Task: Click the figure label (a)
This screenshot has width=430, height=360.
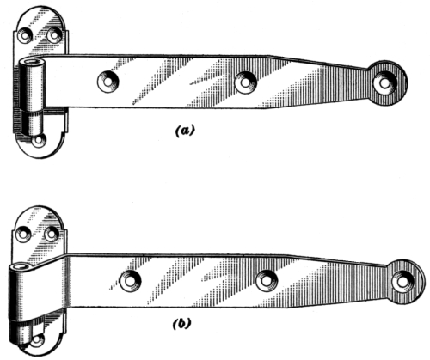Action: click(185, 131)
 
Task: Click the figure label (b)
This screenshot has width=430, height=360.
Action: click(182, 324)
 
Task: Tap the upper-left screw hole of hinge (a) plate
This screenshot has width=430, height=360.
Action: click(25, 35)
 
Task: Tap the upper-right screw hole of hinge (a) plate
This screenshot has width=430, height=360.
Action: click(54, 35)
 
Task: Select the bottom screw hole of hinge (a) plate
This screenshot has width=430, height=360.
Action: click(38, 141)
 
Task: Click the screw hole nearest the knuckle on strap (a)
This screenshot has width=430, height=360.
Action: click(108, 82)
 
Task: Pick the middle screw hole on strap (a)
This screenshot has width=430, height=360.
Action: click(245, 82)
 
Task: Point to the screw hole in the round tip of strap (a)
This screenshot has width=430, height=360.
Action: click(385, 83)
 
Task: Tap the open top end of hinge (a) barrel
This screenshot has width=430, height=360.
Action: click(33, 61)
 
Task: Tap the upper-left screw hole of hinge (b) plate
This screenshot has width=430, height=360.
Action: click(23, 234)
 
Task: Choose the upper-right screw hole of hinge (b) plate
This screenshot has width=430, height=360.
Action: click(52, 234)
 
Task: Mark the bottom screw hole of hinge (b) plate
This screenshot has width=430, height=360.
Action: click(37, 340)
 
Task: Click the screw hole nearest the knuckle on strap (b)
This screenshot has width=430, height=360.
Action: click(131, 281)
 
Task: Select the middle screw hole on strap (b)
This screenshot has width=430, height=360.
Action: click(267, 281)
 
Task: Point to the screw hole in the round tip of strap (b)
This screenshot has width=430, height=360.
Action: click(403, 282)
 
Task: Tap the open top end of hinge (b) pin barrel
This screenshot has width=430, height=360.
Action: click(21, 267)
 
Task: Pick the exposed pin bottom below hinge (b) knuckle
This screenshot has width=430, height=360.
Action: click(20, 333)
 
